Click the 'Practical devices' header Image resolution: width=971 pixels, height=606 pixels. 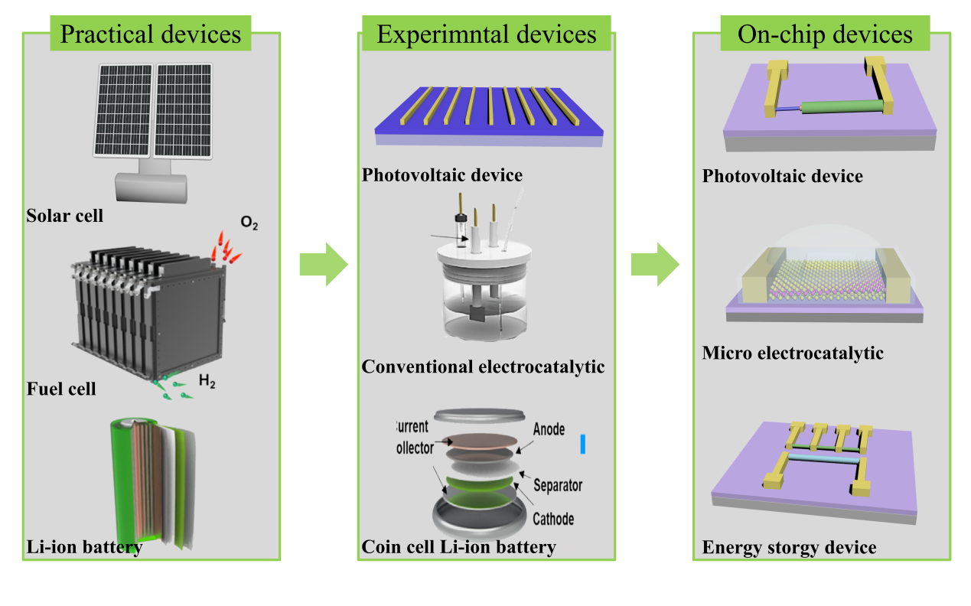[x=150, y=34]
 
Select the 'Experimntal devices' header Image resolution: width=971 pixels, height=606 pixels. [x=487, y=34]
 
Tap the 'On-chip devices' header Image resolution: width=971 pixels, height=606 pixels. [x=825, y=34]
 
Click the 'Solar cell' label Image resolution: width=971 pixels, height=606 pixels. [x=65, y=216]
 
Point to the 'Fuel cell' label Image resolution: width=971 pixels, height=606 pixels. [x=61, y=389]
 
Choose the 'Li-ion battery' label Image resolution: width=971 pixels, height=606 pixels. [x=84, y=548]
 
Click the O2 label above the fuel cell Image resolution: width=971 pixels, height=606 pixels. [x=249, y=223]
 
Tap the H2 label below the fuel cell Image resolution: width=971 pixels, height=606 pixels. [x=207, y=380]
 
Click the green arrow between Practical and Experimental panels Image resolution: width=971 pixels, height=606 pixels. [x=323, y=265]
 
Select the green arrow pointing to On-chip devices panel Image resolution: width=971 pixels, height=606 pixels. [x=655, y=265]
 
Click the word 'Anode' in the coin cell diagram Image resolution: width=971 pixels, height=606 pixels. [x=549, y=428]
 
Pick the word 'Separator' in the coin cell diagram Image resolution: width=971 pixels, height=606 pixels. [x=558, y=485]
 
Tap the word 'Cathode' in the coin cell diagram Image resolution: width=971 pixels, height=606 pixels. [x=552, y=519]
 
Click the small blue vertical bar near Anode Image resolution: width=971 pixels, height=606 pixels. [x=582, y=445]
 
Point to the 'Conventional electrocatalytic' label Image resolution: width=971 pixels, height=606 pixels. [x=483, y=367]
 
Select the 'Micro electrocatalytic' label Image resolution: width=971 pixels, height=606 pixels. [x=793, y=353]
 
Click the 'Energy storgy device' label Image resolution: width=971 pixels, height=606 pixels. [x=789, y=548]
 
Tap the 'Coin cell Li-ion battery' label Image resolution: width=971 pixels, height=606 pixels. [x=459, y=547]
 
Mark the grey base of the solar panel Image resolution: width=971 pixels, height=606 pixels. [x=150, y=187]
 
